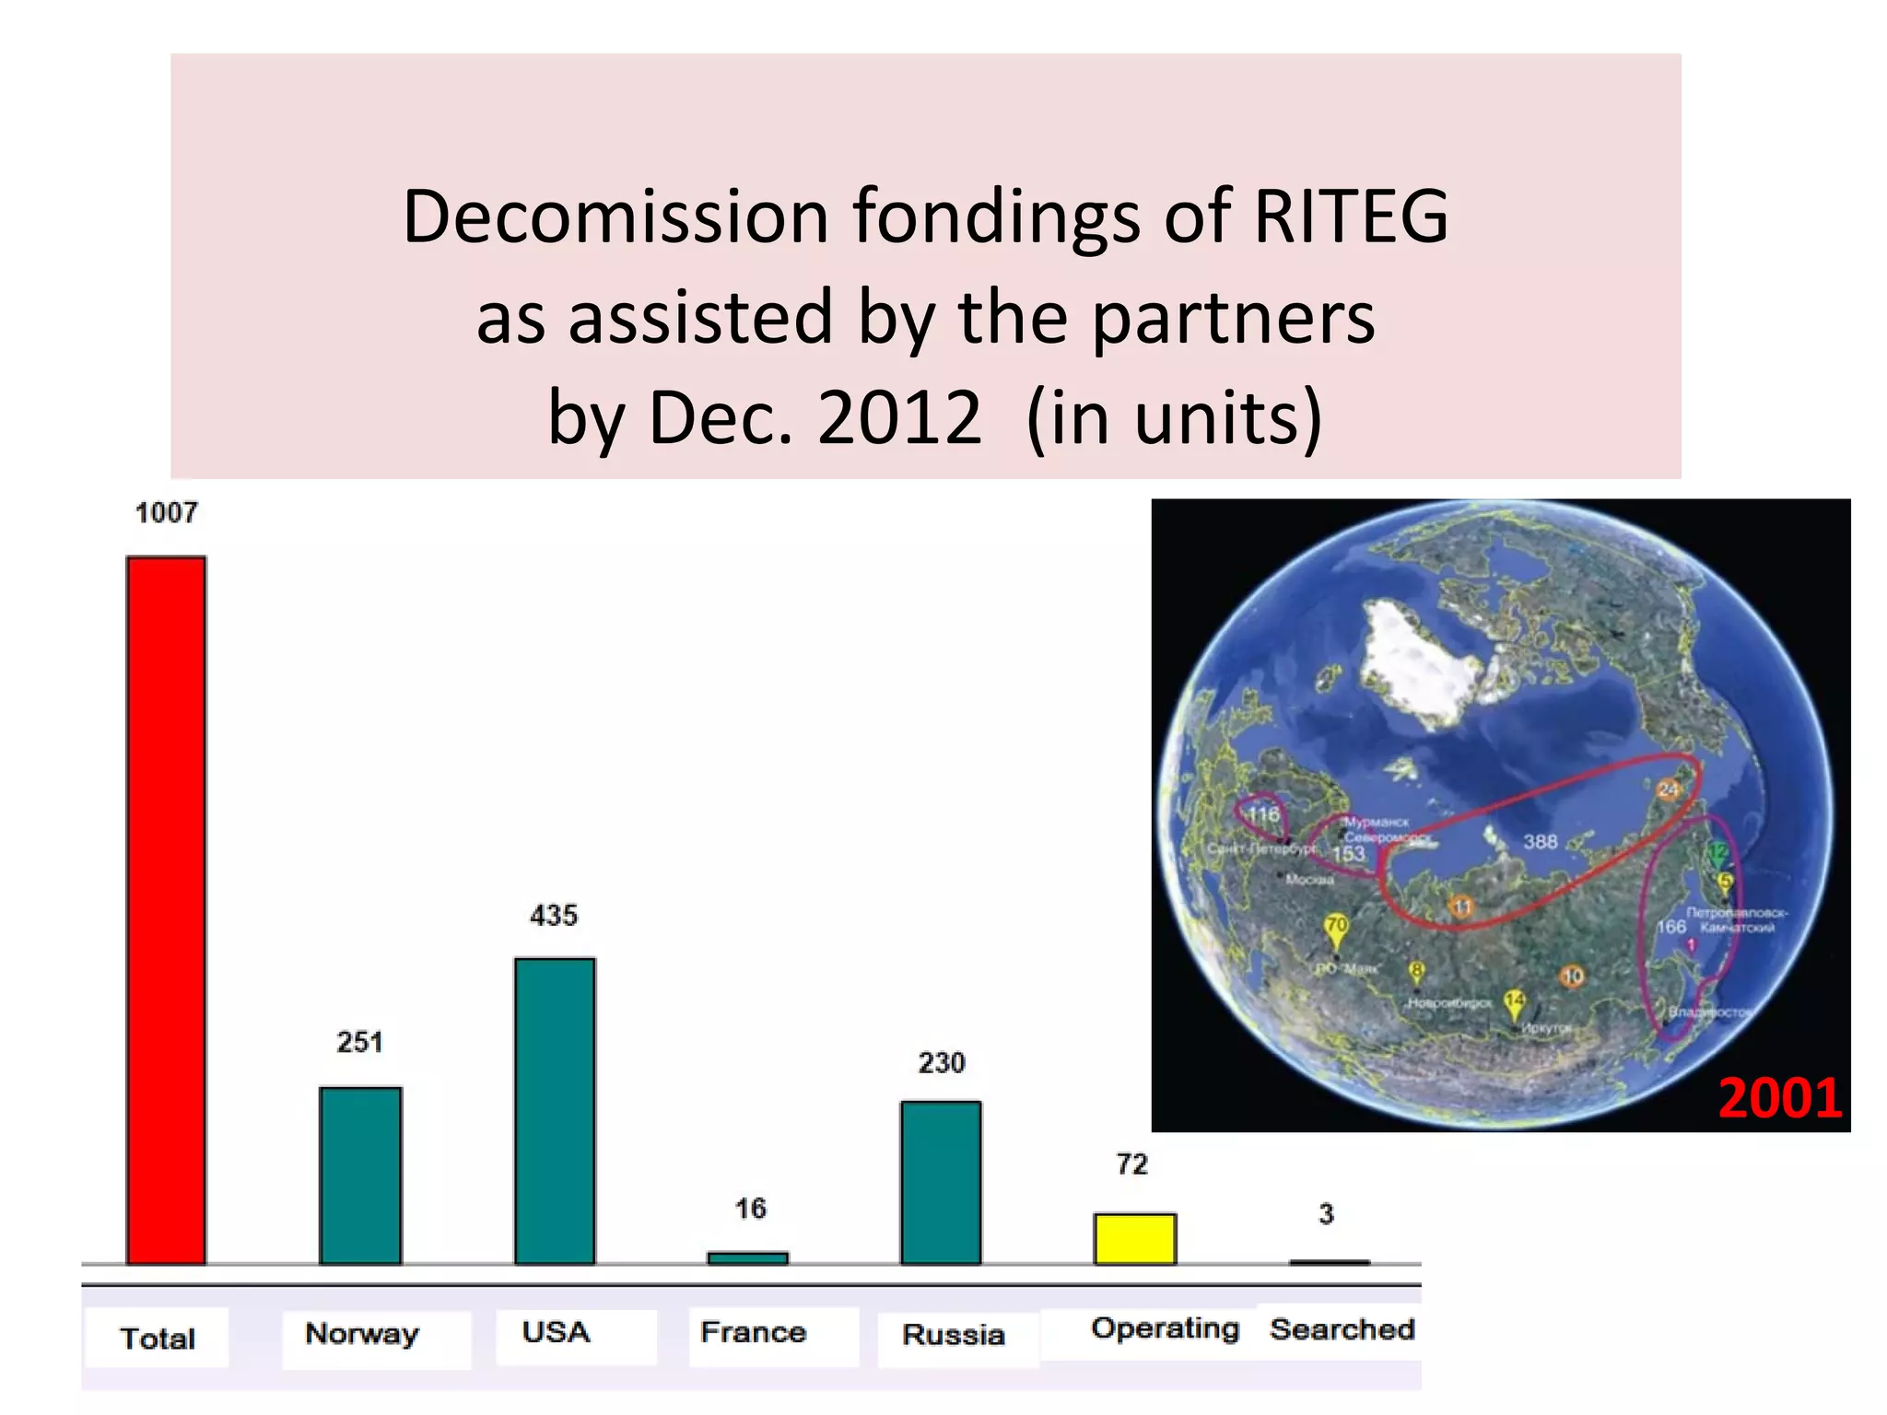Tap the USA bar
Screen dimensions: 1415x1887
(x=555, y=1111)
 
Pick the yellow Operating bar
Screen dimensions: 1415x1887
(x=1134, y=1238)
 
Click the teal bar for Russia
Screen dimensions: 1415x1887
(x=941, y=1183)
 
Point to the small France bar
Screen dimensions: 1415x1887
(x=747, y=1257)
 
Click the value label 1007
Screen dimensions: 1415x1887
(x=167, y=513)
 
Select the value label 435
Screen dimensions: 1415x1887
(x=554, y=916)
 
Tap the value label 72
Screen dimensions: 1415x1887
(x=1132, y=1164)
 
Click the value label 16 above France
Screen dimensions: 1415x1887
(x=750, y=1209)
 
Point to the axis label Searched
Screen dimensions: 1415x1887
(x=1342, y=1329)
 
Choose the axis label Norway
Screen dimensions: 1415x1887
(x=362, y=1334)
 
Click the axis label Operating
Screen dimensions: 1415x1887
(x=1165, y=1328)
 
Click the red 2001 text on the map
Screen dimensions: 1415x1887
(x=1779, y=1098)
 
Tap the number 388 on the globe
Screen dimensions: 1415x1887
(x=1540, y=842)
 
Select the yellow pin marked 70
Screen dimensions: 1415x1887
(x=1336, y=927)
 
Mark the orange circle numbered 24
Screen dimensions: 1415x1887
(x=1669, y=789)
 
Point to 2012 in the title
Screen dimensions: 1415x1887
(x=899, y=417)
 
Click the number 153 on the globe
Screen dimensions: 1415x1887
(x=1348, y=854)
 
